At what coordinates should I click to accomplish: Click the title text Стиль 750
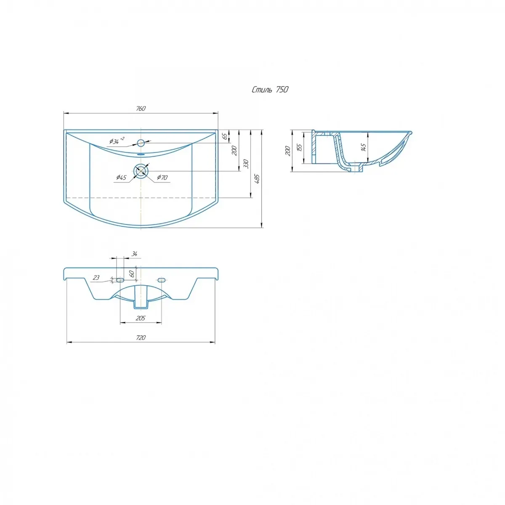tap(270, 90)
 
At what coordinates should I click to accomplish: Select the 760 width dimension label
tap(141, 108)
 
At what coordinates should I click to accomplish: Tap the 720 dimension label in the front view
tap(141, 338)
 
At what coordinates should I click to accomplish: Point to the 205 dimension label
tap(141, 318)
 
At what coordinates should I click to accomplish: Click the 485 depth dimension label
tap(257, 179)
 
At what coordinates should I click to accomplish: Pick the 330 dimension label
tap(246, 164)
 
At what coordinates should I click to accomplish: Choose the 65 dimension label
tap(225, 136)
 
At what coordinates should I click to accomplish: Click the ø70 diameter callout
tap(162, 178)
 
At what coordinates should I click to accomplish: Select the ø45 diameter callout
tap(121, 178)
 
